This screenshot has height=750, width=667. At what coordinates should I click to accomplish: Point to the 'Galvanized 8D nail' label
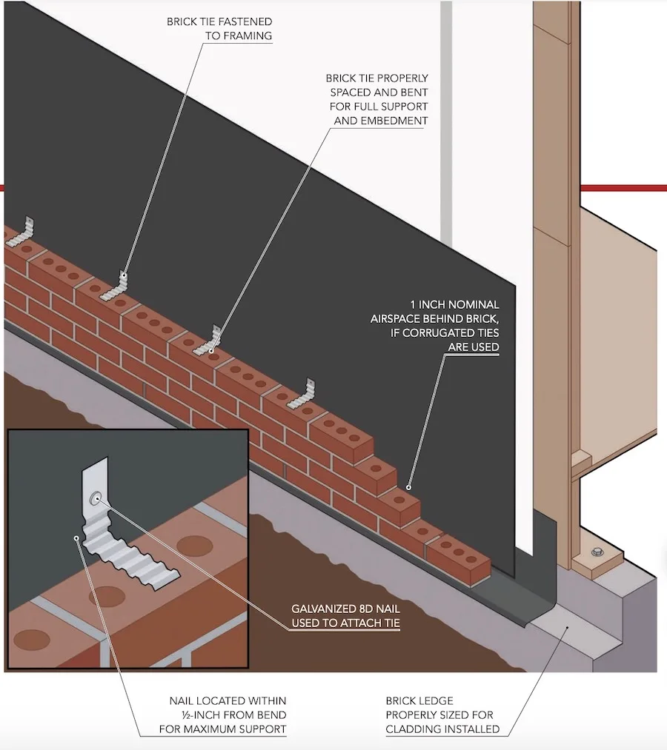(345, 617)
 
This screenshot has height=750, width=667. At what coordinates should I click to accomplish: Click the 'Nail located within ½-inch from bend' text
(222, 715)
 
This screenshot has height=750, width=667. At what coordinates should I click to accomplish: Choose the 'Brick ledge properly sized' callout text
(442, 715)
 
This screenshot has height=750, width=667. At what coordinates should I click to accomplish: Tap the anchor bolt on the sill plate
(596, 552)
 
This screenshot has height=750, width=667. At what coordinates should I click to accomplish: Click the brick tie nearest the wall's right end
(304, 395)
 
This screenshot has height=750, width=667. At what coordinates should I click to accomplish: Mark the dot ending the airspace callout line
(408, 488)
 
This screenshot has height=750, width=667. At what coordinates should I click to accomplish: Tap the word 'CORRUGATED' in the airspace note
(459, 333)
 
